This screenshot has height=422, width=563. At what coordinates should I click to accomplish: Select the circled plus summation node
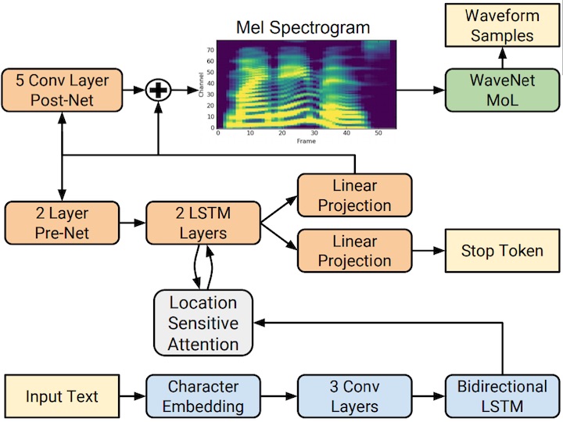pos(159,91)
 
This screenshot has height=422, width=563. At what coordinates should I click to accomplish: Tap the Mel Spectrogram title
pos(303,29)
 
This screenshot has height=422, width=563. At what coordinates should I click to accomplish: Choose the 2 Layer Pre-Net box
pos(61,222)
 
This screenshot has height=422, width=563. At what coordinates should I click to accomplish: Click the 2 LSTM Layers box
pos(203,222)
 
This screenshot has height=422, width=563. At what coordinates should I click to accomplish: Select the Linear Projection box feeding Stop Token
pos(355,250)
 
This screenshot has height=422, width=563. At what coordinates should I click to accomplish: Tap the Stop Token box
pos(501,250)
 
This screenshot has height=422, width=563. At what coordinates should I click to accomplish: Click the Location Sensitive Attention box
pos(204,323)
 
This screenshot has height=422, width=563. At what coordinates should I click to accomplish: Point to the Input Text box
pos(62,396)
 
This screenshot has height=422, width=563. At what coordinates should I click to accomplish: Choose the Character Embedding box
pos(203,396)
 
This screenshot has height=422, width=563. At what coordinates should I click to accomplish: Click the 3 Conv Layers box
pos(354,396)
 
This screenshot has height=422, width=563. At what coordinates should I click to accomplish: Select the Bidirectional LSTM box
pos(501,396)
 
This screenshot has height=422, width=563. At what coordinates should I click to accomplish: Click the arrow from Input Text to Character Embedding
pos(133,396)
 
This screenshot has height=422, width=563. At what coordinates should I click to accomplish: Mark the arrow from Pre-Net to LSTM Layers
pos(132,222)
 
